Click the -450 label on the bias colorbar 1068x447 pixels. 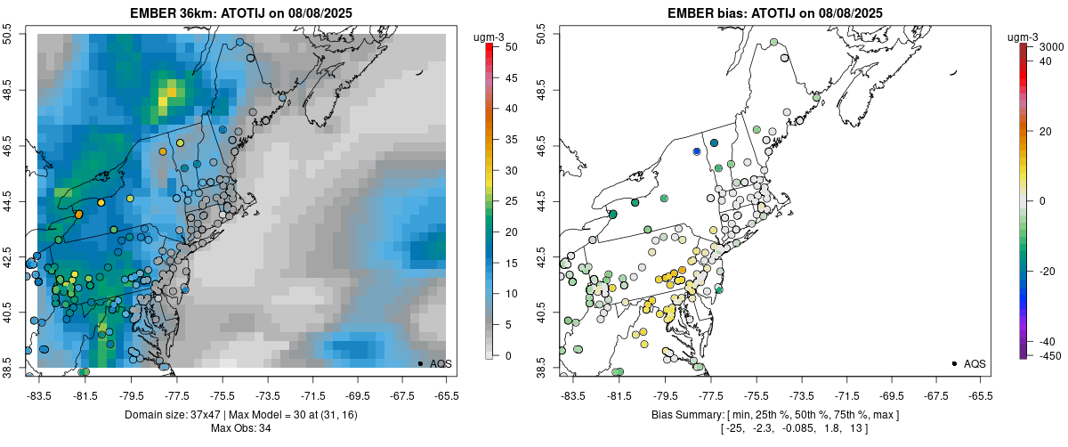(x=1049, y=355)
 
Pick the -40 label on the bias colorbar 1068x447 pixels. (x=1047, y=341)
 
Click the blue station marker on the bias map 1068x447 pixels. (x=697, y=151)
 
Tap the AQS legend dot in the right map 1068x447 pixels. (x=954, y=363)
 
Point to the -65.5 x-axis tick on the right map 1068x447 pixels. (x=980, y=395)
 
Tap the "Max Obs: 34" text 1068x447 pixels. (x=242, y=428)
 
